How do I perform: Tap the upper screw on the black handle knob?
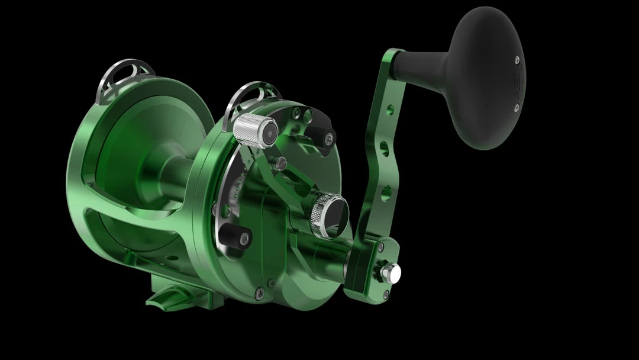517,59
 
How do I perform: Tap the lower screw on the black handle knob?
516,107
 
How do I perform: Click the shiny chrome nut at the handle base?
391,272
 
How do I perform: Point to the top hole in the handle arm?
389,110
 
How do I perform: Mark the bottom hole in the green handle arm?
385,192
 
